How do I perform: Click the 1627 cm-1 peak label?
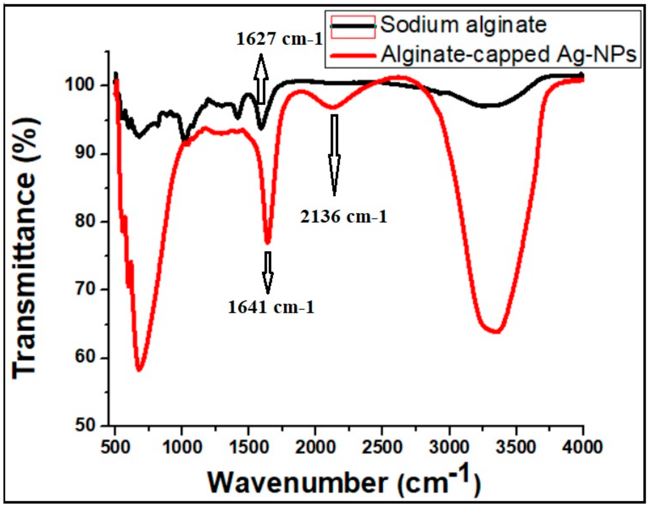click(x=279, y=39)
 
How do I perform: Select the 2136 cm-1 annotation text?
click(x=344, y=217)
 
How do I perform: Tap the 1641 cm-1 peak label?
click(x=271, y=307)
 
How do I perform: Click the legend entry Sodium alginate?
click(x=463, y=25)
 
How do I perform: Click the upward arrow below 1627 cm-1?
click(x=261, y=79)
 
